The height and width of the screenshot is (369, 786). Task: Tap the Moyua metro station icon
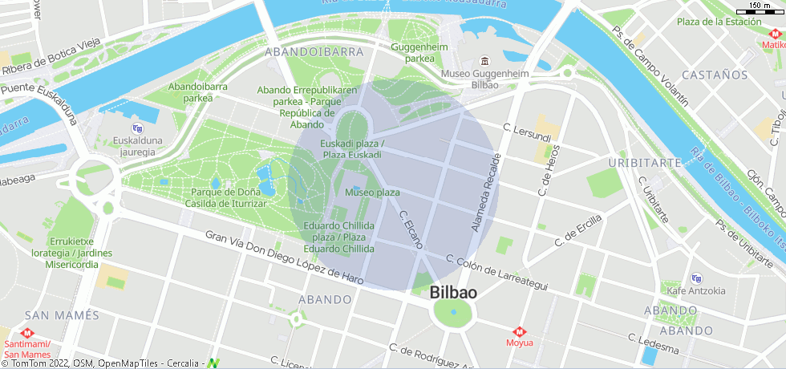click(x=520, y=331)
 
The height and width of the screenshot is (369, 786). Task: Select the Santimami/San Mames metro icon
click(x=27, y=333)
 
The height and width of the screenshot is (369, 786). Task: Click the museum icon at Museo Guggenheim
click(x=484, y=62)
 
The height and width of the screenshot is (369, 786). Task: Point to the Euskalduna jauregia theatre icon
click(x=136, y=128)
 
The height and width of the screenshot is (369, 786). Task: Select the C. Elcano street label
click(x=411, y=228)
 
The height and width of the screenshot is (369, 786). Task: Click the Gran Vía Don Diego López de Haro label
click(x=284, y=257)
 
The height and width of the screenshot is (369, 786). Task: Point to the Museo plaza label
click(x=372, y=193)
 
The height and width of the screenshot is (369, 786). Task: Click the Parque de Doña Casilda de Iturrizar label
click(x=229, y=197)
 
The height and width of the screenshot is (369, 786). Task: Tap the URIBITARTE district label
click(x=644, y=162)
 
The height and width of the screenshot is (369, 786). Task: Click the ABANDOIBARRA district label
click(x=314, y=51)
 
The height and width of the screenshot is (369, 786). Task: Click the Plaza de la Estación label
click(x=719, y=21)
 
